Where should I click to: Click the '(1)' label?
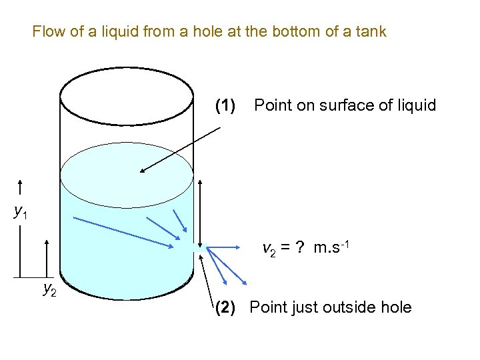click(225, 105)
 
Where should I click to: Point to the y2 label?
click(49, 289)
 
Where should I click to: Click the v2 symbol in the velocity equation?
click(269, 250)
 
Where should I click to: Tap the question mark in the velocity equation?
click(301, 249)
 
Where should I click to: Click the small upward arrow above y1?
click(21, 189)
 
